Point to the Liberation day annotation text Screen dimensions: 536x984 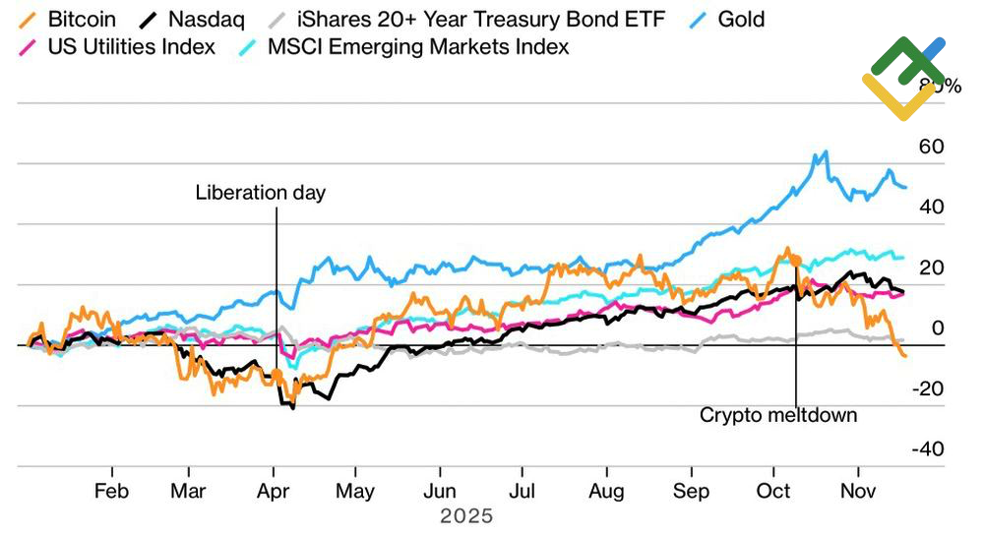point(260,192)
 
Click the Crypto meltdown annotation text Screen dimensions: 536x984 point(778,415)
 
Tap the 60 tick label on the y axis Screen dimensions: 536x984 point(931,147)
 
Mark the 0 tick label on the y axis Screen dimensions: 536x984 point(938,328)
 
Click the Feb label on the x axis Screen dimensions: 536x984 point(111,491)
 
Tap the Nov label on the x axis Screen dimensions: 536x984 point(858,491)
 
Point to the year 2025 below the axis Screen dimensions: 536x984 point(466,515)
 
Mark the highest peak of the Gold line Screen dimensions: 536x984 point(825,152)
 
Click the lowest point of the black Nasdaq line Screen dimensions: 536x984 point(292,407)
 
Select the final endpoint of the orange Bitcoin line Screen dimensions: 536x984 point(905,355)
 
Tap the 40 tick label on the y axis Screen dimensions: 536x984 point(931,208)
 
